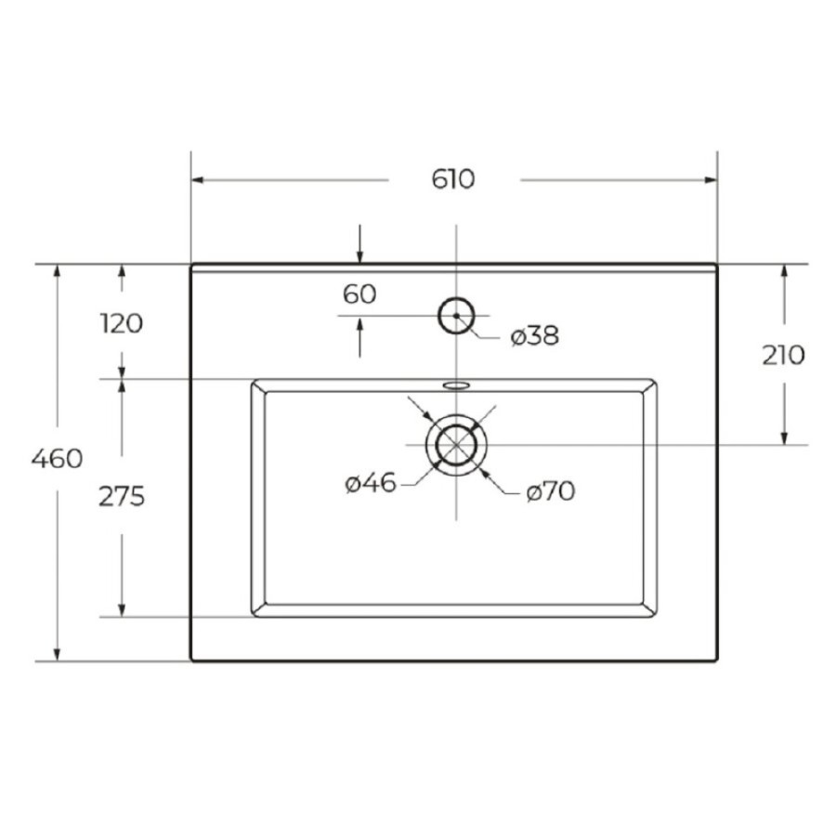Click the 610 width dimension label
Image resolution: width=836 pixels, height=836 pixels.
(452, 179)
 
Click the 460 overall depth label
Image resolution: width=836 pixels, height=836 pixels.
(57, 459)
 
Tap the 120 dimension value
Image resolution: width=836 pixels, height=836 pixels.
(122, 323)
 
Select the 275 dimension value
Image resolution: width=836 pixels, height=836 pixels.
(122, 497)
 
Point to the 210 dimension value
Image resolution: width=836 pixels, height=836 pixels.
(783, 355)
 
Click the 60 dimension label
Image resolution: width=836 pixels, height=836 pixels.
(359, 294)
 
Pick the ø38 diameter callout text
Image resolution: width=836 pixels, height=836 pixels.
(535, 336)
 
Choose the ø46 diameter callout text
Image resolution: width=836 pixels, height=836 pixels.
(371, 483)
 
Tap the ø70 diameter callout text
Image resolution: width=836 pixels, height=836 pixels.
(551, 491)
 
